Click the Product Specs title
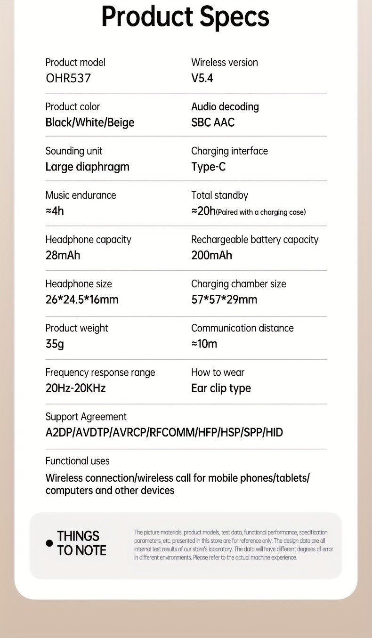pos(185,16)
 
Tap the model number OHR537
pos(68,78)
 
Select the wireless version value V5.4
pos(202,78)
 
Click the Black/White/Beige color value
pos(90,122)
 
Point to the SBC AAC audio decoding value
pos(213,122)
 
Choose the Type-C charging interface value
pos(208,167)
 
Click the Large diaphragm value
pos(87,167)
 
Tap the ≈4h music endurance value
pos(55,211)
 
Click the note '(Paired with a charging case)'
pos(261,212)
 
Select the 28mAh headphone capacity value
pos(63,255)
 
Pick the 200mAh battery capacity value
pos(211,255)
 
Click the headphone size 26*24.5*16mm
pos(82,299)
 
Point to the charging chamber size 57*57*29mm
pos(224,299)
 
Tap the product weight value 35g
pos(55,344)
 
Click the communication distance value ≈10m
pos(204,344)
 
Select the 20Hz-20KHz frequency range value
pos(75,388)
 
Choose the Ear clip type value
pos(221,388)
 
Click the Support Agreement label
pos(86,417)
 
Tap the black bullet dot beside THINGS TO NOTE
pos(49,543)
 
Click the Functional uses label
pos(77,461)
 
